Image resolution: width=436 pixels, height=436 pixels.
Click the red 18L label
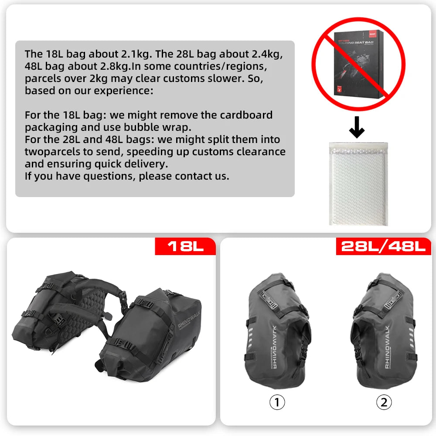click(x=186, y=246)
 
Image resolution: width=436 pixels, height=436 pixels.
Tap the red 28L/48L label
click(x=383, y=246)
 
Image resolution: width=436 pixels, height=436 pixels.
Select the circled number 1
click(x=277, y=402)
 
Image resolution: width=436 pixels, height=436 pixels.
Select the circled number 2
click(x=384, y=402)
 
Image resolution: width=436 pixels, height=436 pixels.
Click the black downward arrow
click(x=357, y=127)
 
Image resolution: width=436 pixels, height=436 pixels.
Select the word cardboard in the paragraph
click(x=246, y=115)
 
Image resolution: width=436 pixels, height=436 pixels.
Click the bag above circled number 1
click(x=278, y=331)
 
